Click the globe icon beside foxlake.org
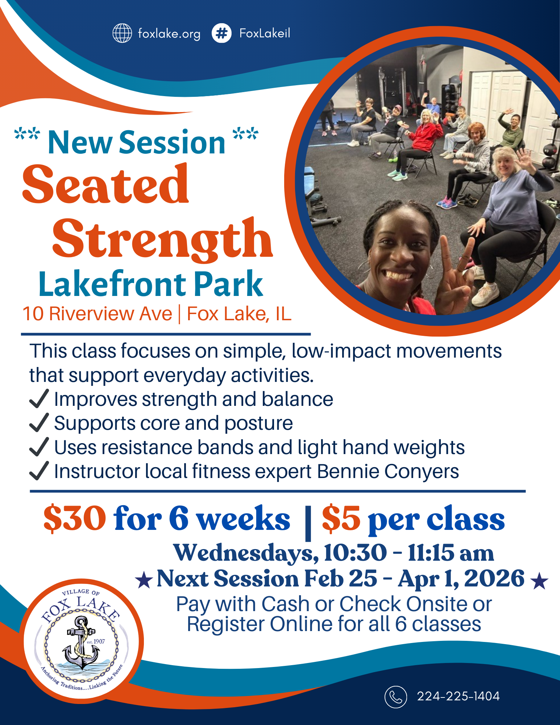tap(122, 33)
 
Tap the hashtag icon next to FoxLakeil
tap(221, 33)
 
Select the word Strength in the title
tap(162, 239)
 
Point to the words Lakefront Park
tap(150, 284)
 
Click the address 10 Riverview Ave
tap(97, 314)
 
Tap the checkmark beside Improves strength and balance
tap(39, 399)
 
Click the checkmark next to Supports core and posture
tap(39, 423)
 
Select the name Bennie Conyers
tap(388, 471)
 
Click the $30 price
tap(75, 519)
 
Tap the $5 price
tap(341, 519)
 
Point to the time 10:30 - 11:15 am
tap(409, 553)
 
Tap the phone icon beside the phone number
tap(395, 697)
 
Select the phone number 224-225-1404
tap(458, 696)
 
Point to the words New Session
tap(136, 143)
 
